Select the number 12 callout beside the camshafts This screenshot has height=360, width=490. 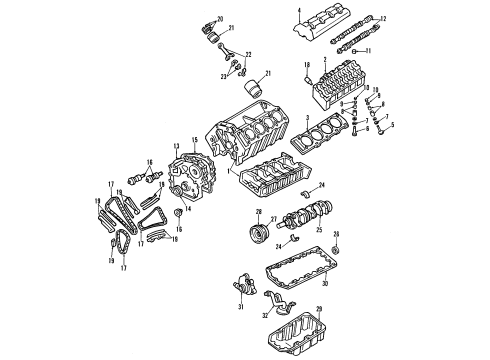[x=383, y=19]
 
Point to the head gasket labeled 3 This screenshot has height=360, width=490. [x=331, y=135]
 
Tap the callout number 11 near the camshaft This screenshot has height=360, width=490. [x=368, y=50]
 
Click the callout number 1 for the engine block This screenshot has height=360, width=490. [x=227, y=173]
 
